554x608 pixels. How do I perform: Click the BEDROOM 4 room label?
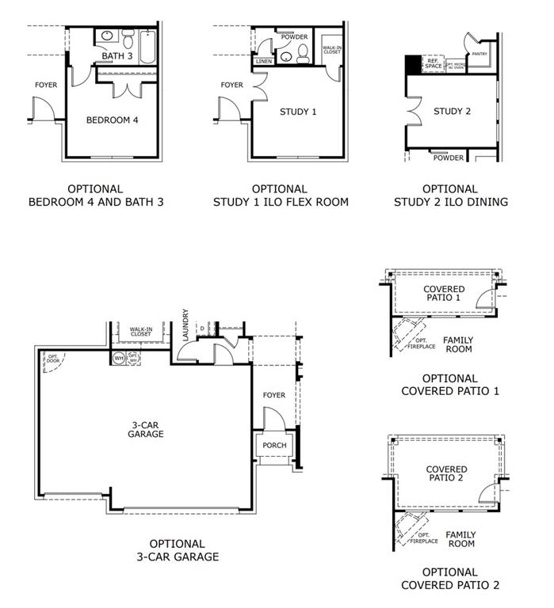click(112, 120)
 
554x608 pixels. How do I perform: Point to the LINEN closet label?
click(264, 62)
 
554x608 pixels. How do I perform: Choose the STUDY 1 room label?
click(298, 112)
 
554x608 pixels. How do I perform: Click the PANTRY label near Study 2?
click(479, 54)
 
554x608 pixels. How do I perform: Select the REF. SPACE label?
click(434, 63)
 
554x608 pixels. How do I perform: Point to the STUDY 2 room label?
click(452, 111)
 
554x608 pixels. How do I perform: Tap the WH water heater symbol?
click(119, 358)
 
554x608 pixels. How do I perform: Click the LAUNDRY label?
click(185, 325)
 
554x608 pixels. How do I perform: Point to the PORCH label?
click(274, 445)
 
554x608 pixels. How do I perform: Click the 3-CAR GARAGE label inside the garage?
click(147, 429)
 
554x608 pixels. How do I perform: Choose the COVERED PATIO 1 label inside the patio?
click(443, 294)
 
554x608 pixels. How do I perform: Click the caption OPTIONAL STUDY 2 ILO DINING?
click(450, 196)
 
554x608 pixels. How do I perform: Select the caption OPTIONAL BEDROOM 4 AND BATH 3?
click(95, 196)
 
